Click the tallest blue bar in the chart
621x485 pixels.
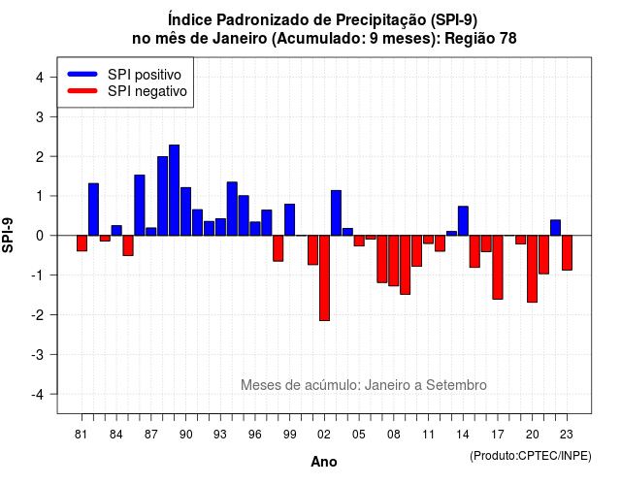pyautogui.click(x=175, y=190)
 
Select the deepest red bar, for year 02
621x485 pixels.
pyautogui.click(x=324, y=278)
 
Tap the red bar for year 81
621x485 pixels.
pyautogui.click(x=82, y=243)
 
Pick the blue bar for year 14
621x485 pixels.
pyautogui.click(x=464, y=221)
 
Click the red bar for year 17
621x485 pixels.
pyautogui.click(x=498, y=268)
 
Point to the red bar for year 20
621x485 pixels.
pyautogui.click(x=533, y=269)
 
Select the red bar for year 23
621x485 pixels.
pyautogui.click(x=567, y=253)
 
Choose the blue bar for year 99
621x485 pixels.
pyautogui.click(x=290, y=220)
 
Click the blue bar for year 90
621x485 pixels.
pyautogui.click(x=185, y=211)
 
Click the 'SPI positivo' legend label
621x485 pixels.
pyautogui.click(x=145, y=75)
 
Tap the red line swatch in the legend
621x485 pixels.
pyautogui.click(x=82, y=91)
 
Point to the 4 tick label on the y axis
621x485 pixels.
pyautogui.click(x=40, y=78)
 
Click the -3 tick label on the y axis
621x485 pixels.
pyautogui.click(x=38, y=354)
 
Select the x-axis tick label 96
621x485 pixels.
pyautogui.click(x=255, y=435)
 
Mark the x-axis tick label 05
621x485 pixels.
pyautogui.click(x=359, y=435)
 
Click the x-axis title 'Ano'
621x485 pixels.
pyautogui.click(x=324, y=462)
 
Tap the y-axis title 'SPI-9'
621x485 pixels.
pyautogui.click(x=8, y=235)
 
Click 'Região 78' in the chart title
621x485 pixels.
pyautogui.click(x=480, y=39)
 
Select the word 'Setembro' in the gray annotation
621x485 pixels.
pyautogui.click(x=456, y=385)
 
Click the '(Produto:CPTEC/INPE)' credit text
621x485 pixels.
pyautogui.click(x=531, y=456)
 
